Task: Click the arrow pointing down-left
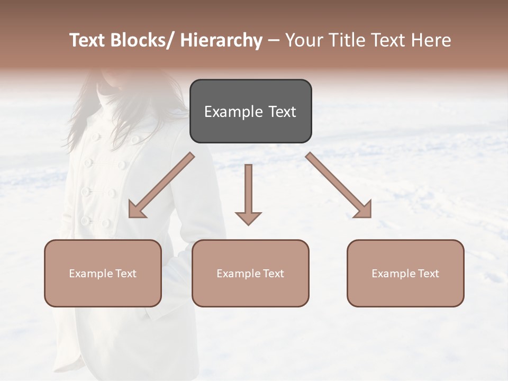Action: coord(161,185)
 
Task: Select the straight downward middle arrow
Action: coord(248,190)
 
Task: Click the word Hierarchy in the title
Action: coord(221,40)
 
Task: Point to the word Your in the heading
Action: coord(304,40)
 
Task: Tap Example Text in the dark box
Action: coord(250,112)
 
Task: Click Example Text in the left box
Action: coord(103,274)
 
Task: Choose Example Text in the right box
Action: coord(405,274)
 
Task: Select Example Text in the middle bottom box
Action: coord(250,274)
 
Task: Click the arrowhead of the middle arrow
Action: coord(248,218)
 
